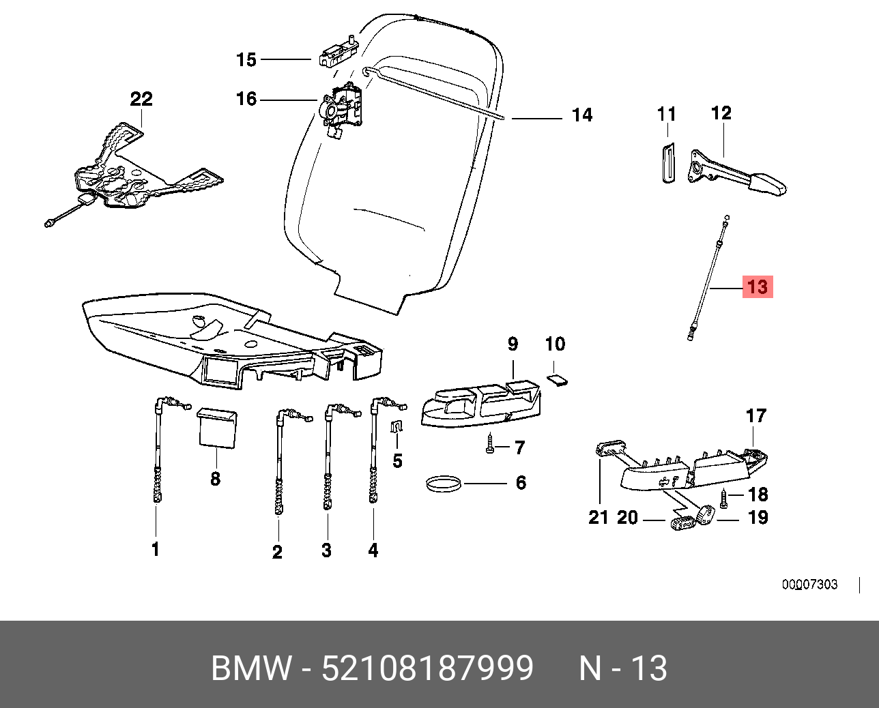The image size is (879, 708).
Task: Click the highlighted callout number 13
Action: click(x=758, y=286)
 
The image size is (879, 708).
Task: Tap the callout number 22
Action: click(x=141, y=99)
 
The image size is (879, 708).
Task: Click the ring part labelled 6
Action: click(x=442, y=484)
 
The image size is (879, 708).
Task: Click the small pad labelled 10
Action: click(x=558, y=379)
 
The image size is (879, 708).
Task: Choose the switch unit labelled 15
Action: click(x=336, y=53)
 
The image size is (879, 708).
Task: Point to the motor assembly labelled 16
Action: click(x=341, y=107)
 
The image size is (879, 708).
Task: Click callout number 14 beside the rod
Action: click(x=581, y=115)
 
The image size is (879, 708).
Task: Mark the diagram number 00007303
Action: click(x=809, y=585)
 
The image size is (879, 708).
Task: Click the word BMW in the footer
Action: click(x=251, y=668)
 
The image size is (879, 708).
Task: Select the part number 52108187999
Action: click(x=427, y=668)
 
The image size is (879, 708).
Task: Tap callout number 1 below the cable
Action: click(x=156, y=549)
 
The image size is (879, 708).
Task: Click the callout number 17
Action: click(x=756, y=415)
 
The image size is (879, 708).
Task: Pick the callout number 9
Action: click(x=513, y=344)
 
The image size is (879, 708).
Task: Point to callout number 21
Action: click(x=598, y=518)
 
